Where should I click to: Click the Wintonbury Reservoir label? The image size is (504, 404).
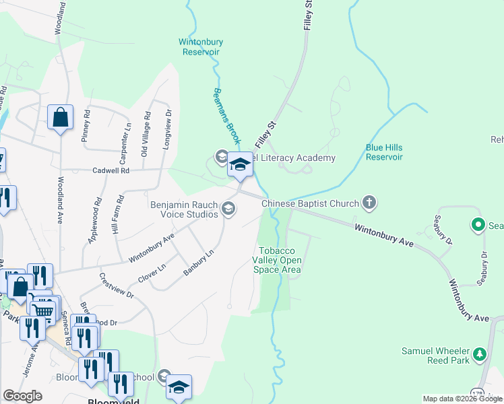click(200, 46)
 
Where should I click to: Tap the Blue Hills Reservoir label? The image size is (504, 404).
click(384, 151)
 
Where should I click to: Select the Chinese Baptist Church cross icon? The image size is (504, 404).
click(369, 202)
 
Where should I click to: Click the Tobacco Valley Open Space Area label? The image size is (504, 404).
click(277, 260)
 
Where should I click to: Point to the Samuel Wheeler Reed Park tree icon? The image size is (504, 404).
click(479, 353)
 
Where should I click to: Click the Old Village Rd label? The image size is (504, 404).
click(144, 137)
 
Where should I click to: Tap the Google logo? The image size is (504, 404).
click(23, 396)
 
